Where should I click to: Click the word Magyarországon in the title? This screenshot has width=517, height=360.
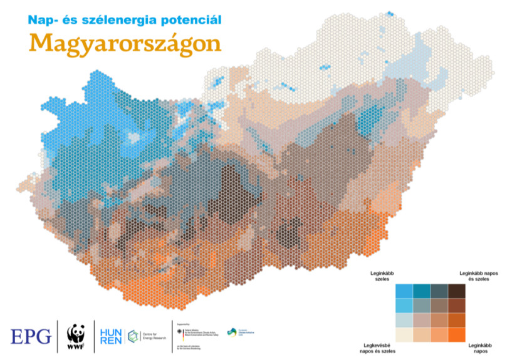click(x=125, y=43)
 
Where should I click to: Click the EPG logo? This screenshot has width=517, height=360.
click(x=31, y=336)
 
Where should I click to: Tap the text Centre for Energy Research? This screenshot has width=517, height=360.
click(x=150, y=336)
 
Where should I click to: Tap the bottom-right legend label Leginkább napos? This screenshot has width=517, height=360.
click(x=479, y=347)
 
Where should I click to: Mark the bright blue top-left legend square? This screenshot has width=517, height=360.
click(x=404, y=291)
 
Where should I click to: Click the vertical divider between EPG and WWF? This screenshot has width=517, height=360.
click(x=58, y=336)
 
